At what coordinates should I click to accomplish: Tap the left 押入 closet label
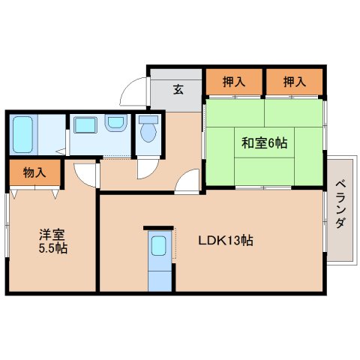coord(232,82)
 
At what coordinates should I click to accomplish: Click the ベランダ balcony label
coord(340,205)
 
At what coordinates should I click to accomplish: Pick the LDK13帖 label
coord(224,241)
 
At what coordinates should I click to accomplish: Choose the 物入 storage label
coord(34,173)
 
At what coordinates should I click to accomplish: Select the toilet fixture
coord(148,133)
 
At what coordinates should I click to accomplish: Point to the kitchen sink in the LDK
coord(158,247)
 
